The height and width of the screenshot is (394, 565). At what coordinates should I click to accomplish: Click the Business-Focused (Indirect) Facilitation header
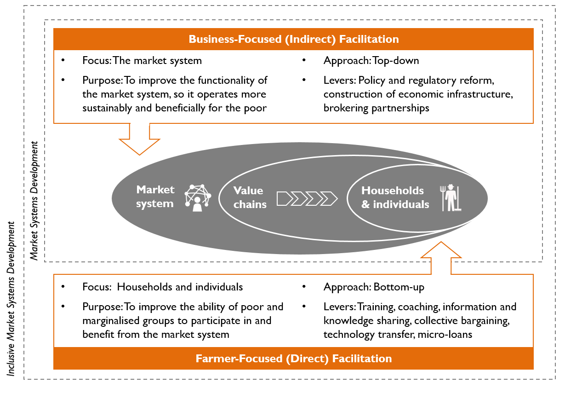point(293,39)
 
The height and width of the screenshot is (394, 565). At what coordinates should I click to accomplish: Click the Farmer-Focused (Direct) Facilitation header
point(293,359)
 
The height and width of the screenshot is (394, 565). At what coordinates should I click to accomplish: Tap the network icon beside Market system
point(198,197)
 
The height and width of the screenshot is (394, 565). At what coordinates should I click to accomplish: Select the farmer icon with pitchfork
point(451,197)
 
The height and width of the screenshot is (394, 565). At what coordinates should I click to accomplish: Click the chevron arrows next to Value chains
point(307,198)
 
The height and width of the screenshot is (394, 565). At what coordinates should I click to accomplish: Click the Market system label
point(155,197)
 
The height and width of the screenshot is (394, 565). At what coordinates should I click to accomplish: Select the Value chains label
point(250,197)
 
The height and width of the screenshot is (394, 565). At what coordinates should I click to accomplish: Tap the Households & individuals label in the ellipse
point(395,197)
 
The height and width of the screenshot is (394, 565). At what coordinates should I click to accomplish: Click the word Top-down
point(396,61)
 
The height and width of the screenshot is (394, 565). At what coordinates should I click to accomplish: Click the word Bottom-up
point(399,287)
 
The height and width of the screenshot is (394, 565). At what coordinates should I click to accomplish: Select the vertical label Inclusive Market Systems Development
point(11,299)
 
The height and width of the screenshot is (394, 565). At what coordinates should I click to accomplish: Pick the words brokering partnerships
point(376,108)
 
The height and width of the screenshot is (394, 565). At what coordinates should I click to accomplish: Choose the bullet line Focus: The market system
point(142,61)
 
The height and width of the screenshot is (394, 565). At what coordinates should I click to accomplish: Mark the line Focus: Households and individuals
point(162,287)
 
